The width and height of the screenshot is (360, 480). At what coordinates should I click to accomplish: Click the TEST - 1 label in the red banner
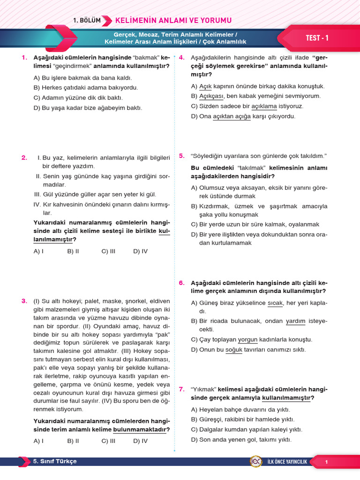tap(317, 38)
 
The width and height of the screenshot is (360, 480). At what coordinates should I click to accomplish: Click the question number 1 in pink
tap(24, 58)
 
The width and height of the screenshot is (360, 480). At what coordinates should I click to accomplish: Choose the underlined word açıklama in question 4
tap(264, 106)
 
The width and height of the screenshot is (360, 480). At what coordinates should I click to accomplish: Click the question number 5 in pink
tap(182, 156)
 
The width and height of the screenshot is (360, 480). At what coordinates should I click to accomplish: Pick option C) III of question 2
tap(108, 251)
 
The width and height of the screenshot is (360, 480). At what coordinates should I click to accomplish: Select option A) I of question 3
tap(38, 441)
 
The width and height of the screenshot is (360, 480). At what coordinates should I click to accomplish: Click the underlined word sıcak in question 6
tap(275, 303)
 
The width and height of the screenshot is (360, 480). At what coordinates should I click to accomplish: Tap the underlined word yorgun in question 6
tap(248, 339)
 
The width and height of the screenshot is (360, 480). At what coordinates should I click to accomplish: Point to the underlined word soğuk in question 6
tap(234, 350)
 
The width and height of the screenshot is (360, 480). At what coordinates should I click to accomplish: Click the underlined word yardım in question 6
tap(295, 321)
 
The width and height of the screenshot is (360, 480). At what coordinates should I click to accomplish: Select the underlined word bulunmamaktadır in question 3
tap(140, 429)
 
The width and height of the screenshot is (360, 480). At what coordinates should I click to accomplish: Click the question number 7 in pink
tap(182, 389)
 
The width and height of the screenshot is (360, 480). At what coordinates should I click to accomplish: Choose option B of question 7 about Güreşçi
tap(242, 419)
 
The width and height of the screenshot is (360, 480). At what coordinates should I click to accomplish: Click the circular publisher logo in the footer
tap(256, 462)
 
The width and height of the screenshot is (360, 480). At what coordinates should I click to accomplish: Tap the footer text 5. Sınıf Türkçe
tap(55, 462)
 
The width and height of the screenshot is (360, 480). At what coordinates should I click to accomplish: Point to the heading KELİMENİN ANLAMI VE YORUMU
tap(173, 20)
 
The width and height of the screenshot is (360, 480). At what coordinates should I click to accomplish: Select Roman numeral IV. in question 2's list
tap(37, 204)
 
